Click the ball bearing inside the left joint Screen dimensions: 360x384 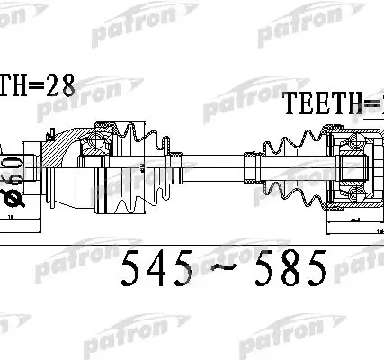click(94, 139)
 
